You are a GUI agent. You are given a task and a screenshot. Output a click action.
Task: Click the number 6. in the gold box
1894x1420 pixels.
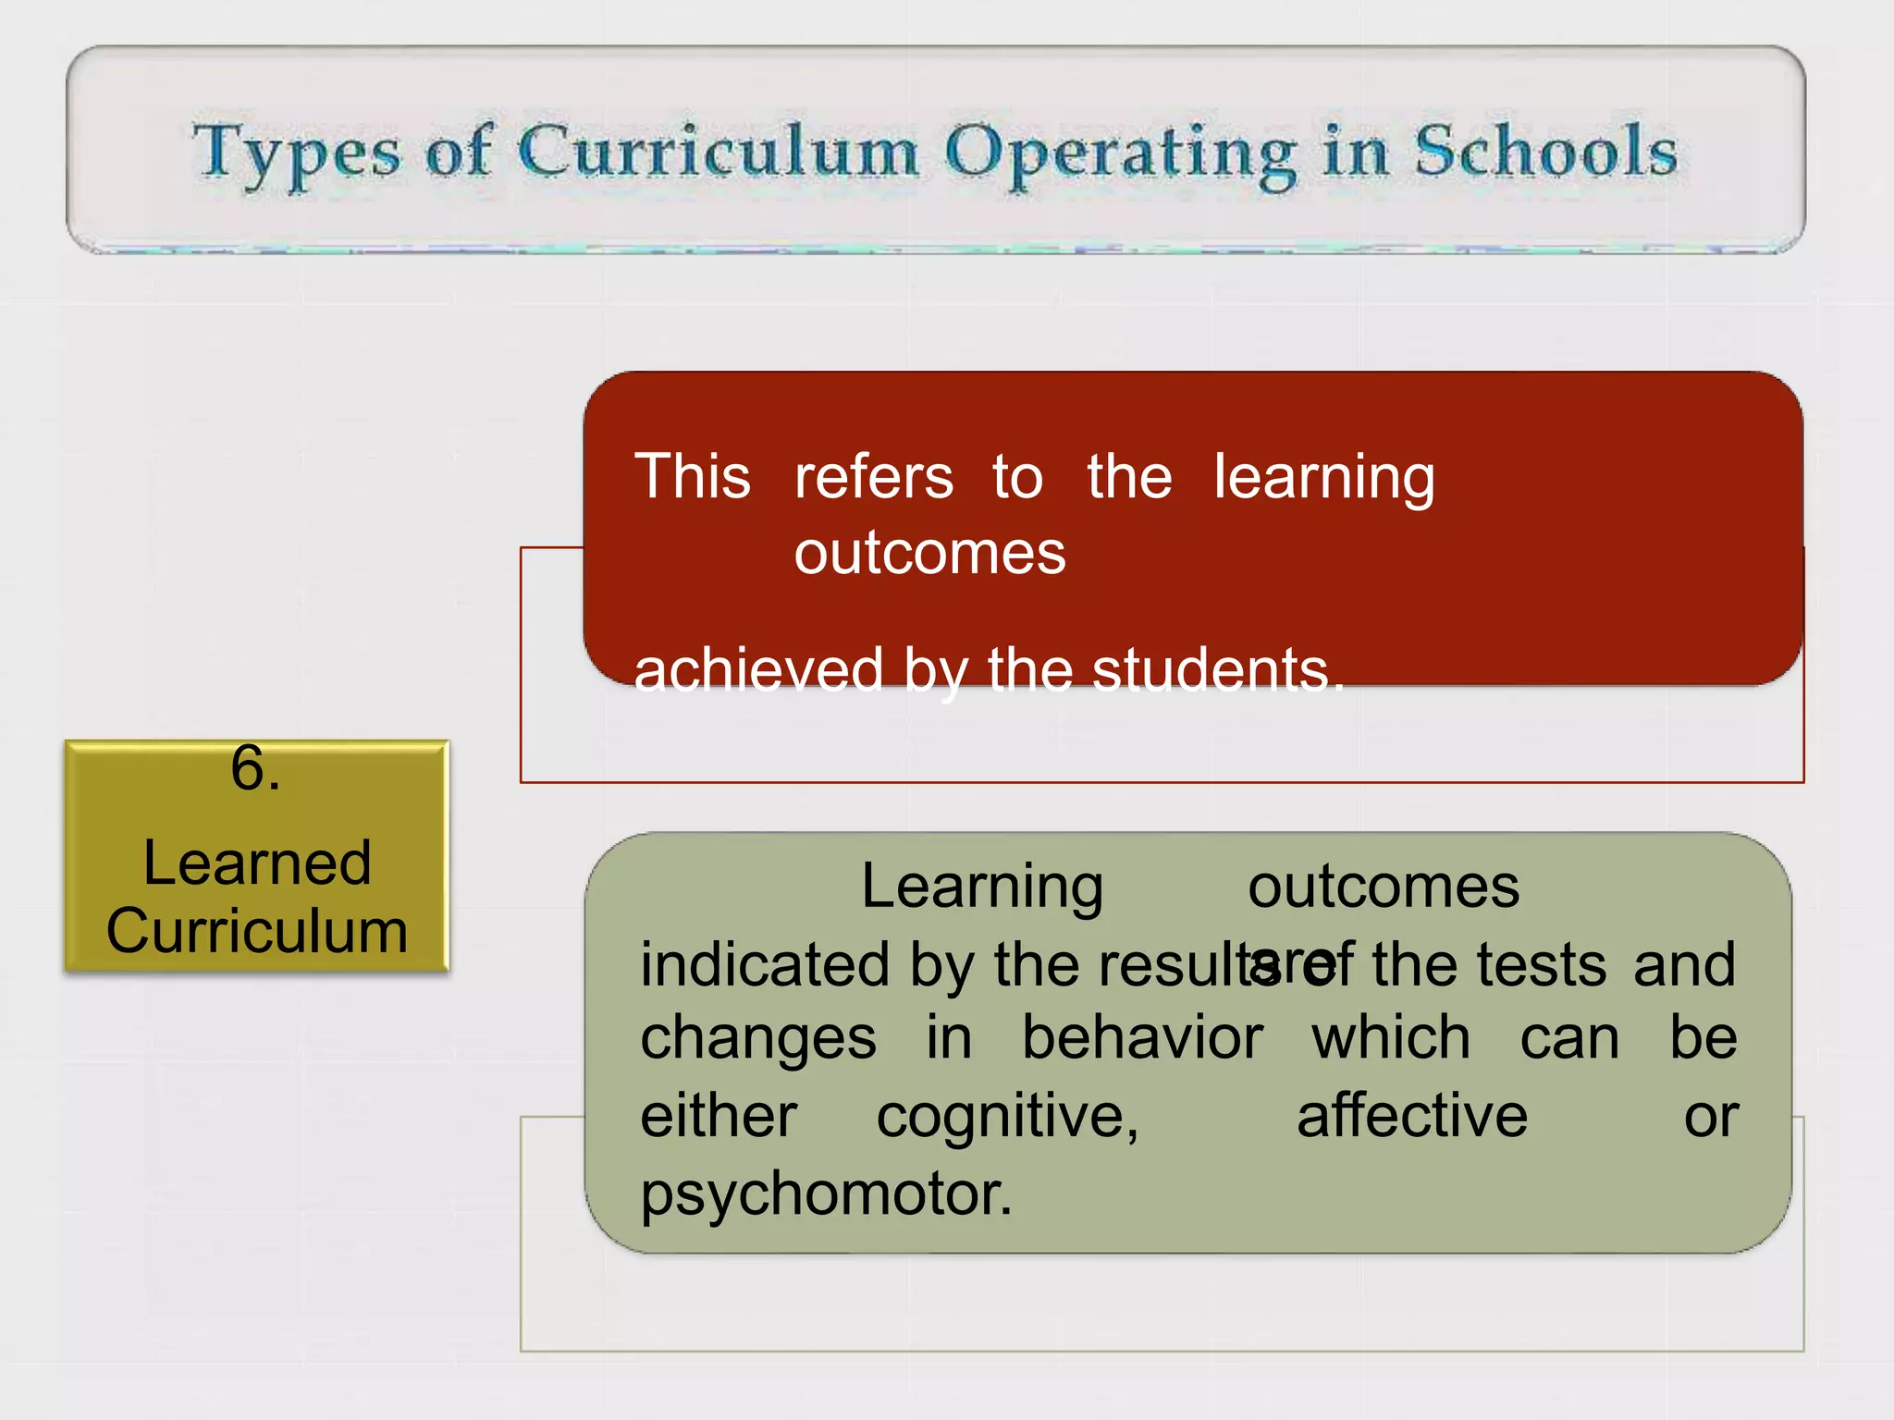pyautogui.click(x=255, y=768)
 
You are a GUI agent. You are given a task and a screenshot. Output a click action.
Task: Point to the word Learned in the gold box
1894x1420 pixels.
pyautogui.click(x=257, y=863)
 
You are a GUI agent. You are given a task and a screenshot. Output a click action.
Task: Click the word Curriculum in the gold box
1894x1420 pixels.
pyautogui.click(x=257, y=931)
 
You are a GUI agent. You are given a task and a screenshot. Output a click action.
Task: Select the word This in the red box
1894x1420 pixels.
pyautogui.click(x=693, y=477)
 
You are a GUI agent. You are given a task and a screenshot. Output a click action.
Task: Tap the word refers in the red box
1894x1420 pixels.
pyautogui.click(x=873, y=477)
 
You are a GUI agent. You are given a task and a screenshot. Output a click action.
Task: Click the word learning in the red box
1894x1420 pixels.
pyautogui.click(x=1323, y=479)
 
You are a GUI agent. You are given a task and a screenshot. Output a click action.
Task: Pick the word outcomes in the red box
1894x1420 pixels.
pyautogui.click(x=929, y=553)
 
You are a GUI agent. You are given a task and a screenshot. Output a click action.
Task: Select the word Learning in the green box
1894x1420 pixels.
pyautogui.click(x=982, y=887)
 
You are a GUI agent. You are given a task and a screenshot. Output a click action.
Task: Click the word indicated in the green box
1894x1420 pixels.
pyautogui.click(x=765, y=964)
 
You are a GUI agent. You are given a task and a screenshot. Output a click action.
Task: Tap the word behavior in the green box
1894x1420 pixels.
pyautogui.click(x=1142, y=1037)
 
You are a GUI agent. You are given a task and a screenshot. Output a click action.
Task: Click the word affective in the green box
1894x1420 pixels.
pyautogui.click(x=1411, y=1115)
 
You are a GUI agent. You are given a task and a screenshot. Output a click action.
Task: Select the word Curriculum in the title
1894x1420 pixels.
pyautogui.click(x=718, y=153)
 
